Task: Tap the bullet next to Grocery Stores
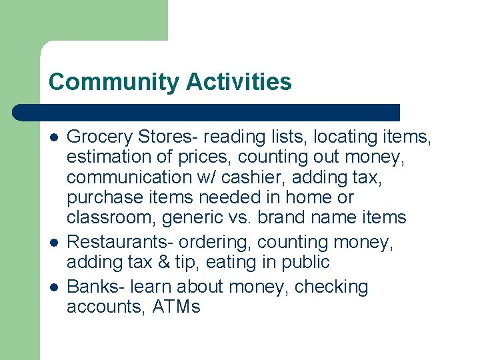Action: point(53,137)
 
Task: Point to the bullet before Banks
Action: point(53,287)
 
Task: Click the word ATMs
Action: point(176,307)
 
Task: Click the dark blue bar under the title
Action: point(207,112)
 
